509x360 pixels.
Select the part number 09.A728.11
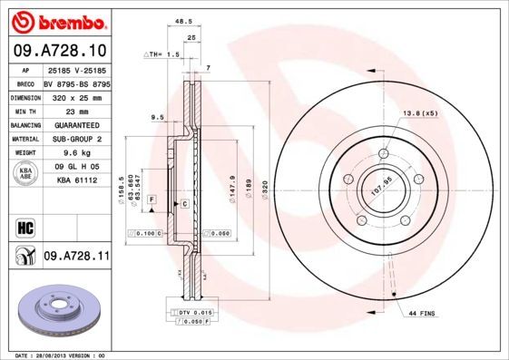(x=76, y=258)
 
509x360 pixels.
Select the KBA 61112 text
(x=77, y=180)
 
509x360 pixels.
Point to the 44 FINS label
(x=421, y=312)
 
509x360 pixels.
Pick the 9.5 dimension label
(x=156, y=117)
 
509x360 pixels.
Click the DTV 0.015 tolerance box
(x=192, y=312)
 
